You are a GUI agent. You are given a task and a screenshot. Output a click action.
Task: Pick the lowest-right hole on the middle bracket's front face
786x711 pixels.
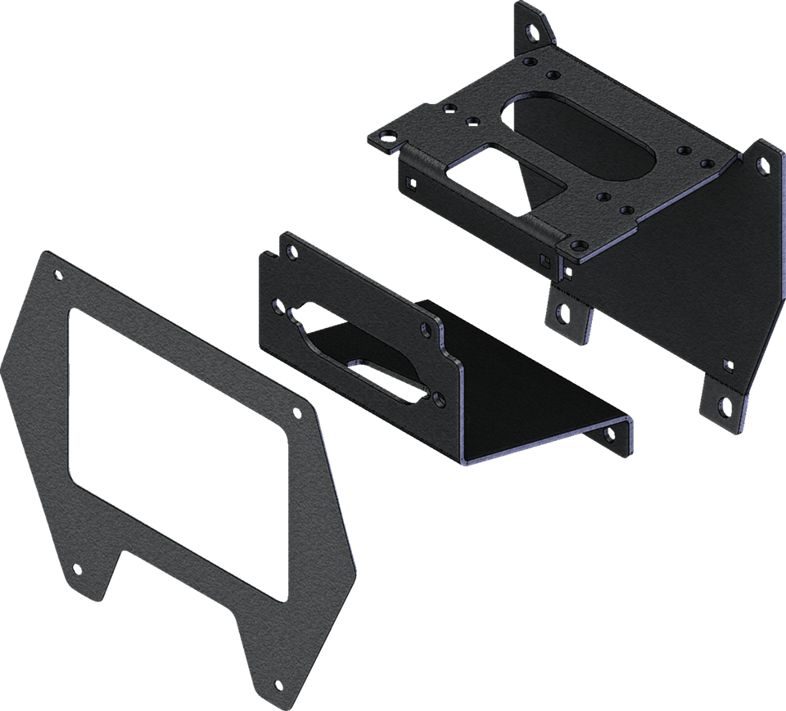point(440,398)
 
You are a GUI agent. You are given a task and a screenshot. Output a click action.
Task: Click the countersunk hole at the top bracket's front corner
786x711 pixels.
point(577,244)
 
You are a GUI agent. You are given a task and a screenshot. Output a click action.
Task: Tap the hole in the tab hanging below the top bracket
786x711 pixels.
point(562,312)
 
